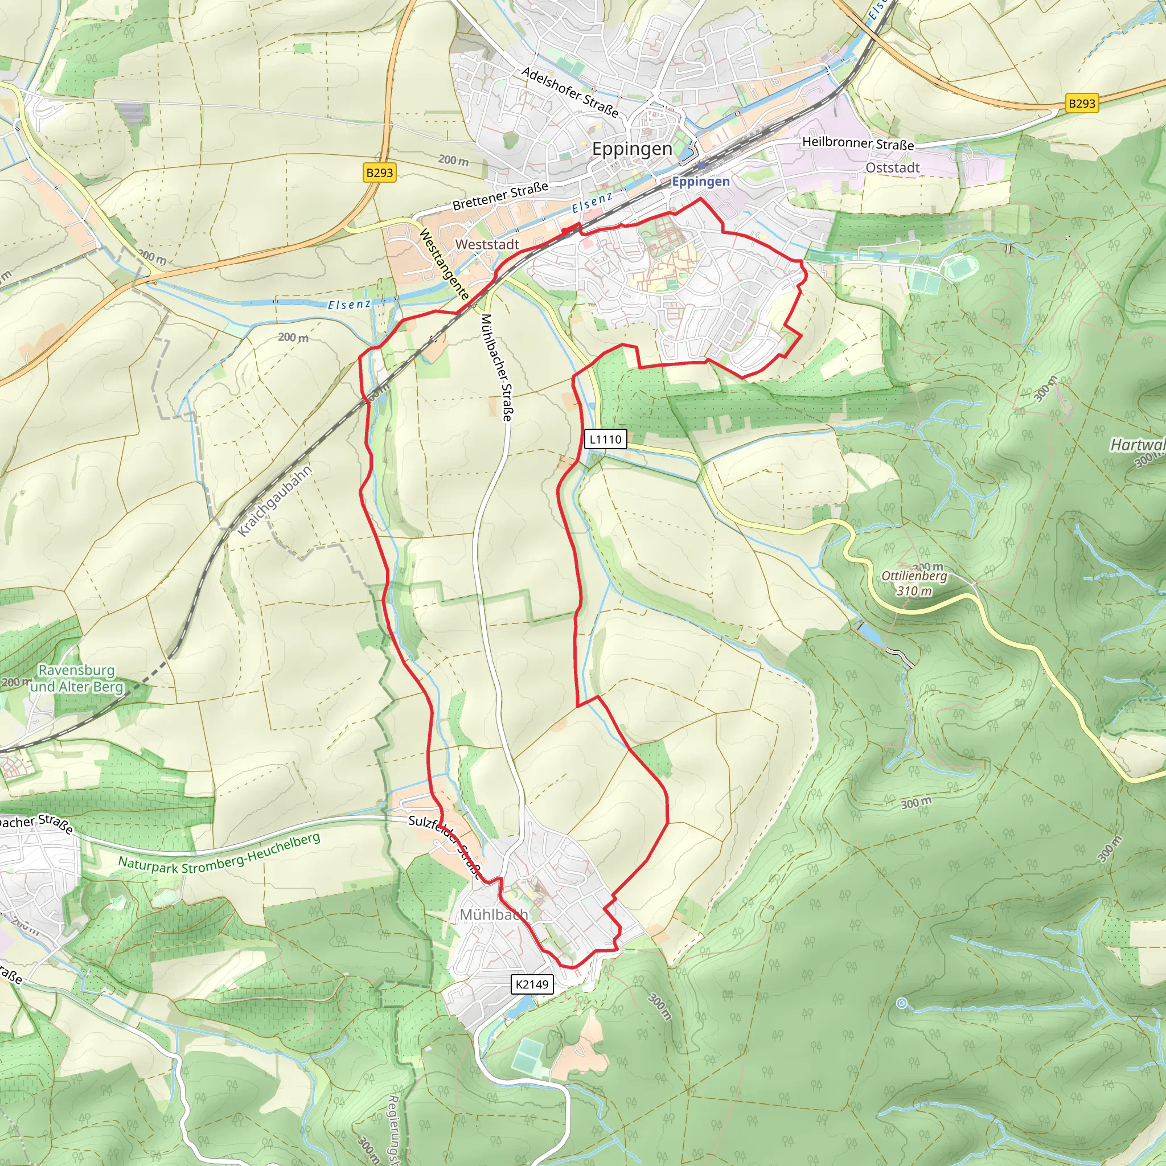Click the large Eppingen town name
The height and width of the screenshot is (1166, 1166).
[x=632, y=149]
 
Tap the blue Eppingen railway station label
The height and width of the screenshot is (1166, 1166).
[x=701, y=181]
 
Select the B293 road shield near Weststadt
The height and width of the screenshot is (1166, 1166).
[x=380, y=173]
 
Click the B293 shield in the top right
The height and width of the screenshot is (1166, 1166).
[x=1082, y=103]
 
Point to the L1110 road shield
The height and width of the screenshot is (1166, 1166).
[x=605, y=439]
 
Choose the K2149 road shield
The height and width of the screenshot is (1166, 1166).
[x=532, y=984]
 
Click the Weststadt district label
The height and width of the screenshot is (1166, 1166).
[x=487, y=244]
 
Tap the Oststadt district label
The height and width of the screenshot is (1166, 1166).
[x=893, y=168]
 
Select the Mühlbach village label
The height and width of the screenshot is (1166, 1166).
[x=494, y=915]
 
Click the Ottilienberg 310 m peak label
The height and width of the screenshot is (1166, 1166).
[x=914, y=583]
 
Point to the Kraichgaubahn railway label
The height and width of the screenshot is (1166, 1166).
[x=275, y=500]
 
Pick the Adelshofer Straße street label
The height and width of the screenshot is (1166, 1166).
[x=570, y=92]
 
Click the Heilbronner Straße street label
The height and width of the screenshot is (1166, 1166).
[x=857, y=143]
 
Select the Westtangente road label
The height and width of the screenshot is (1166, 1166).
[x=444, y=264]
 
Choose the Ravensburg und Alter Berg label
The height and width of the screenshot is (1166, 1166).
[x=77, y=678]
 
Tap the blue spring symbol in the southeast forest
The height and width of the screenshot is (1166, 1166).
[x=902, y=1003]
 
